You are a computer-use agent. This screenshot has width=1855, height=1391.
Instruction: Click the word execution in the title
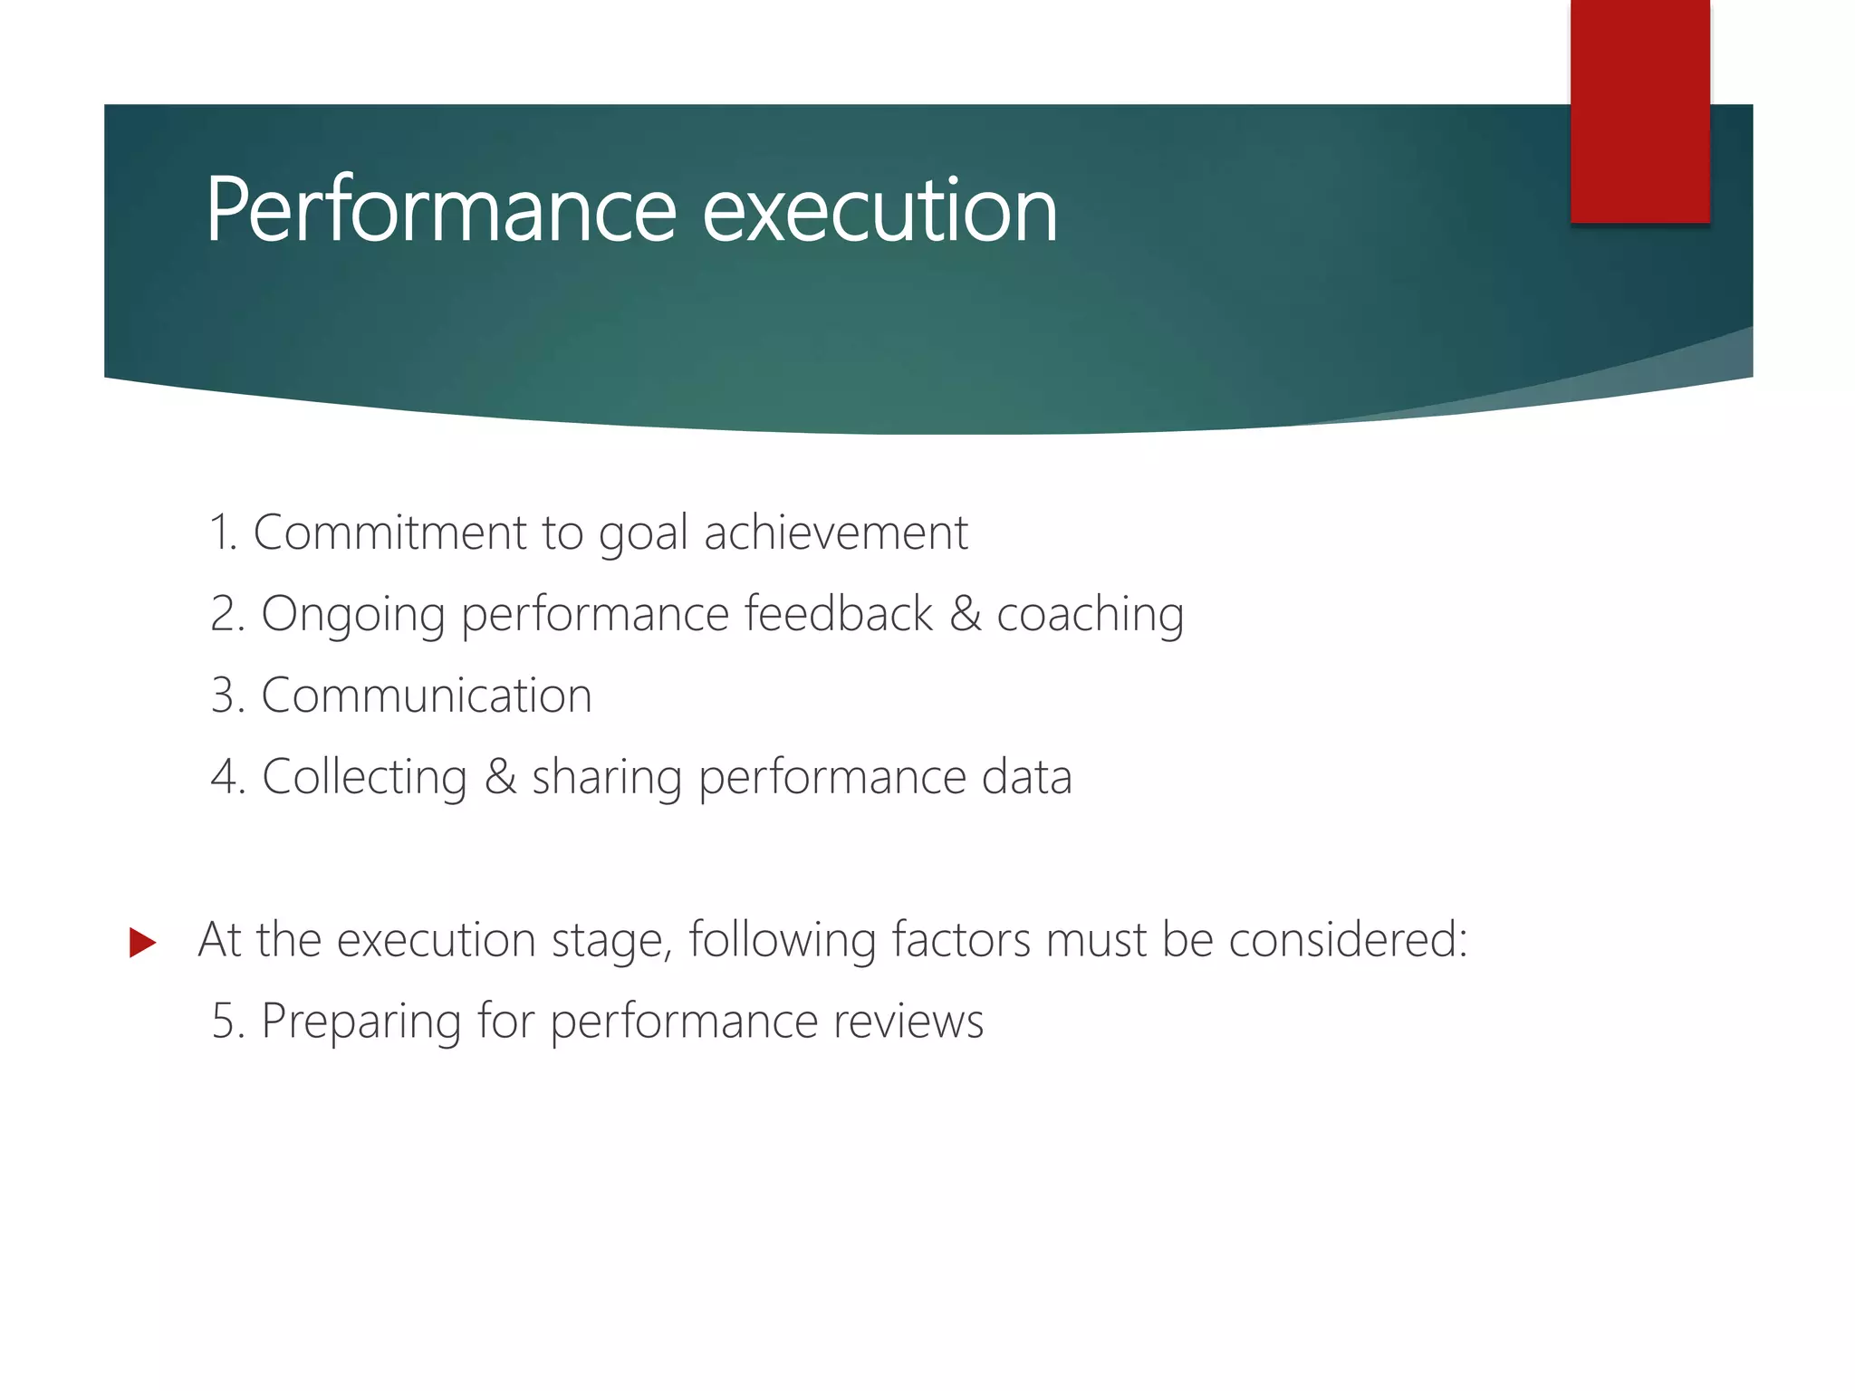pos(879,210)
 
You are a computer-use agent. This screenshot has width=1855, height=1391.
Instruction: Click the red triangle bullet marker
pos(142,942)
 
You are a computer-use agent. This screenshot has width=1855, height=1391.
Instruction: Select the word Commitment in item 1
pos(389,532)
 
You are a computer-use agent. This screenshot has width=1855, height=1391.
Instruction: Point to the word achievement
pos(836,532)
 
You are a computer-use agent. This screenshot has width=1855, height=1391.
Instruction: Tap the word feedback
pos(838,614)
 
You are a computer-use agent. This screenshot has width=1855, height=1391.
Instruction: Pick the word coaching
pos(1090,614)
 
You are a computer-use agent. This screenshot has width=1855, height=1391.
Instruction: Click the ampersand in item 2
pos(966,614)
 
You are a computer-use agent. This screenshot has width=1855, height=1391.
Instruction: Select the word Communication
pos(426,695)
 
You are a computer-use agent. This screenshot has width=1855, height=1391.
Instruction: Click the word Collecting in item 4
pos(364,777)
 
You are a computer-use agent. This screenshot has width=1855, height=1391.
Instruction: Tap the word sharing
pos(606,777)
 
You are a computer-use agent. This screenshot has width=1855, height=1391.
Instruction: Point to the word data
pos(1027,777)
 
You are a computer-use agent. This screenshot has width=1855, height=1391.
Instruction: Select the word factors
pos(961,939)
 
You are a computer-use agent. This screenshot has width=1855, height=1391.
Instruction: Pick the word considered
pos(1347,939)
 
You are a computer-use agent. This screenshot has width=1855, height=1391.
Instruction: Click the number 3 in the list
pos(224,695)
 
